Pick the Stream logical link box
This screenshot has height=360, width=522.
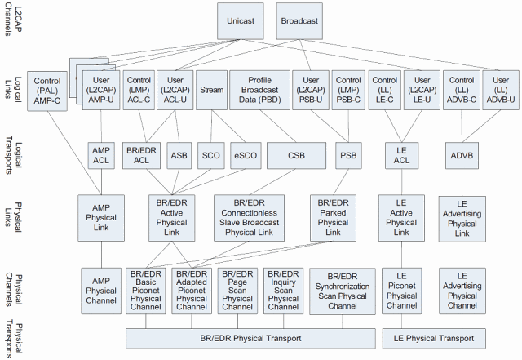(211, 91)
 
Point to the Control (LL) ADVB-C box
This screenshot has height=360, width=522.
(463, 91)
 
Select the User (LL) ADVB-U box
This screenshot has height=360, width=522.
(501, 91)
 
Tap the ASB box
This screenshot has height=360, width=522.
(179, 154)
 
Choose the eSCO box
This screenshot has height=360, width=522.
(244, 154)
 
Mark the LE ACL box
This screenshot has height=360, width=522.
(400, 154)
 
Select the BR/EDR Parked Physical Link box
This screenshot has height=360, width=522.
(333, 217)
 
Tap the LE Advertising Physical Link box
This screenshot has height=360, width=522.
(462, 217)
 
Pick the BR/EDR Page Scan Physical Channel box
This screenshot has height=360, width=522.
(238, 290)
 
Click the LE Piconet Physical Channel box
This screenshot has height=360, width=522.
(401, 290)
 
